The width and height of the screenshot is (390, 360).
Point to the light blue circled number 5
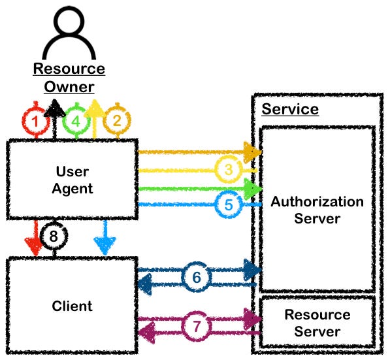pos(228,205)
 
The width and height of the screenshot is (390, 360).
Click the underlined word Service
pos(290,108)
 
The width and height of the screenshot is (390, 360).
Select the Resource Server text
pos(317,323)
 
